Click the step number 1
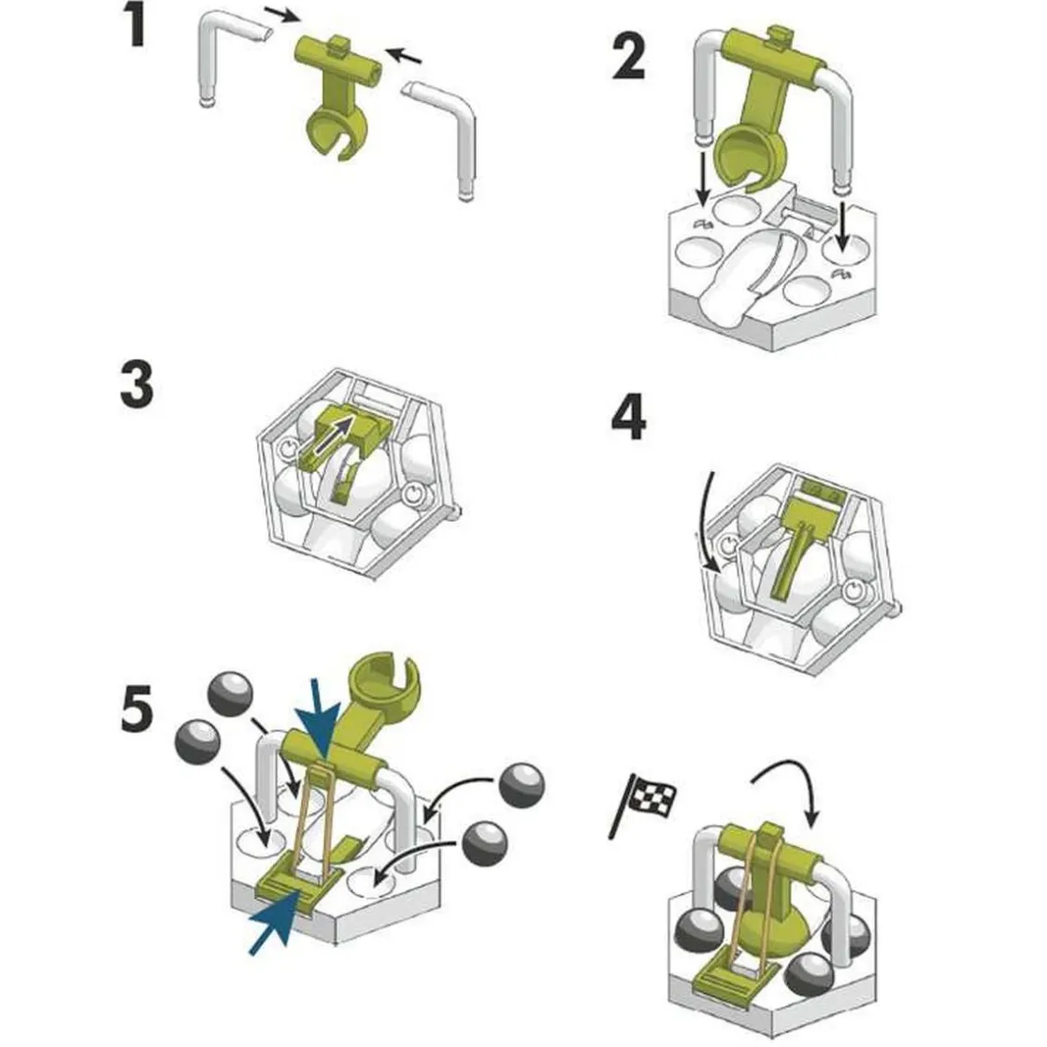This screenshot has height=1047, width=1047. [x=135, y=27]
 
